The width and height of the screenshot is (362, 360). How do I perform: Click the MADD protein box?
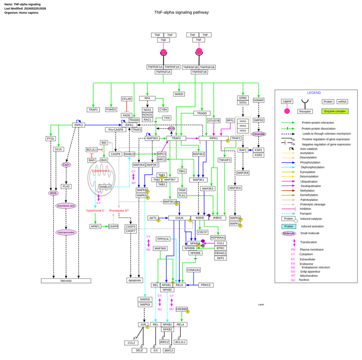click(x=178, y=94)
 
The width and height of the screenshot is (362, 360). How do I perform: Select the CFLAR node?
click(x=127, y=98)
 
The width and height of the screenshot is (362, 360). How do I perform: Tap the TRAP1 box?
click(x=93, y=109)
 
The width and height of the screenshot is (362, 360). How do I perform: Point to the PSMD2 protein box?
click(x=111, y=109)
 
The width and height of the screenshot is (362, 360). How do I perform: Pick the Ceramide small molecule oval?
click(x=259, y=134)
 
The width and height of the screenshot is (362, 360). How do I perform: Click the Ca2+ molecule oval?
click(x=66, y=164)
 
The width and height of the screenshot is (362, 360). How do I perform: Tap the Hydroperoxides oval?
click(x=66, y=232)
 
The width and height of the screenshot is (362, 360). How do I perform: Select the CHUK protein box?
click(x=179, y=218)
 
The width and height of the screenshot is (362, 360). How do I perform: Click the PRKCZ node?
click(x=207, y=285)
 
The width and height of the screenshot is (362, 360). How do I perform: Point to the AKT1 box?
click(x=153, y=218)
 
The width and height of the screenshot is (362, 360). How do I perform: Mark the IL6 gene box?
click(x=156, y=350)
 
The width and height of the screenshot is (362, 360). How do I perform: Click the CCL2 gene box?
click(x=131, y=342)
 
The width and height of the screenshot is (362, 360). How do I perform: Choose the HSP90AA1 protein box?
click(x=218, y=237)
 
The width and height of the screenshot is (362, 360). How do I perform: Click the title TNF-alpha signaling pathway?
click(x=181, y=12)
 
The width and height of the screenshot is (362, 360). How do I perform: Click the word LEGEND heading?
click(x=314, y=93)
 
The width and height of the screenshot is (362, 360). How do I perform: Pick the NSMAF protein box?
click(x=259, y=100)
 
